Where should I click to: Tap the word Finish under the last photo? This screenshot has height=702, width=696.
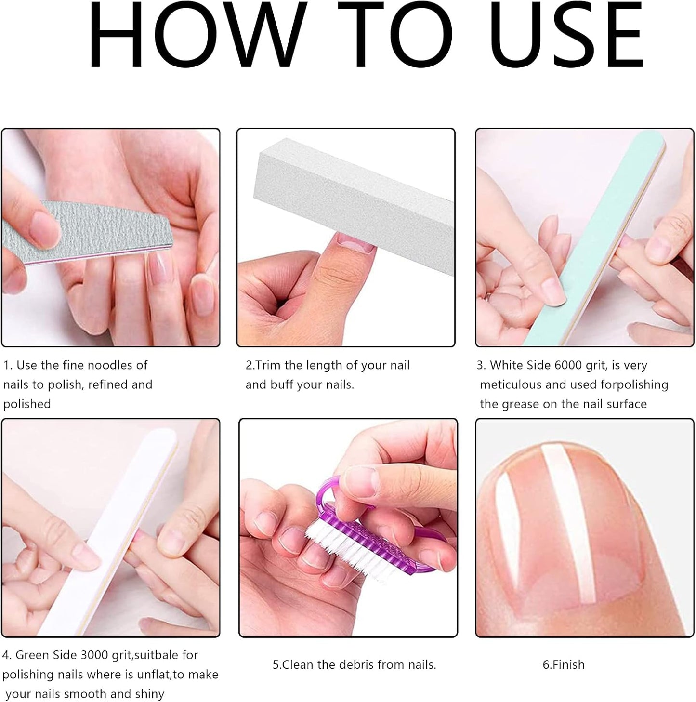568,664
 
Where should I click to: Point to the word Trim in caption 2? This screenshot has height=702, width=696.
268,365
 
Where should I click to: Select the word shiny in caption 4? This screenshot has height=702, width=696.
149,694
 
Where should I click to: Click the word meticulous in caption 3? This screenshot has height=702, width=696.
511,384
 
